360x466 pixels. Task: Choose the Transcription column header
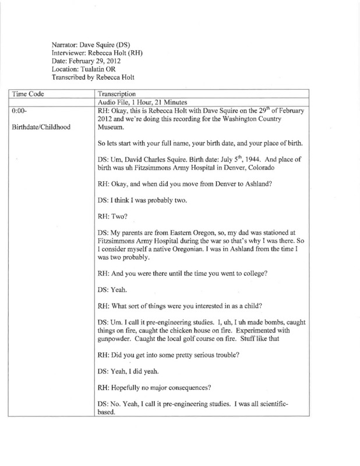118,93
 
